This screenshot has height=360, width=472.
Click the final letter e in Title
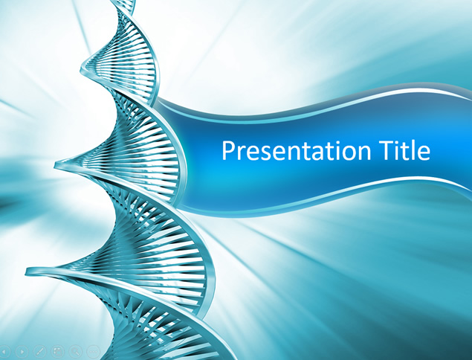pyautogui.click(x=424, y=153)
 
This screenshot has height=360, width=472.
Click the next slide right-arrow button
pyautogui.click(x=22, y=351)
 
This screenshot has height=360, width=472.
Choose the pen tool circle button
pyautogui.click(x=39, y=351)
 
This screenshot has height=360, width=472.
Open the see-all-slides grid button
pyautogui.click(x=57, y=351)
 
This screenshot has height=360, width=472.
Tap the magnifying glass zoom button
pyautogui.click(x=76, y=351)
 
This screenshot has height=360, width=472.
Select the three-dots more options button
pyautogui.click(x=94, y=351)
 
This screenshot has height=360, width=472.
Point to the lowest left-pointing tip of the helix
pyautogui.click(x=27, y=271)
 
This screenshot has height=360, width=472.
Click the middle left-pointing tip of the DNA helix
pyautogui.click(x=56, y=165)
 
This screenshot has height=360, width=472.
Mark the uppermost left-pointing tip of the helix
pyautogui.click(x=81, y=70)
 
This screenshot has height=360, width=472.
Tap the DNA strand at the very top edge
pyautogui.click(x=123, y=1)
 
